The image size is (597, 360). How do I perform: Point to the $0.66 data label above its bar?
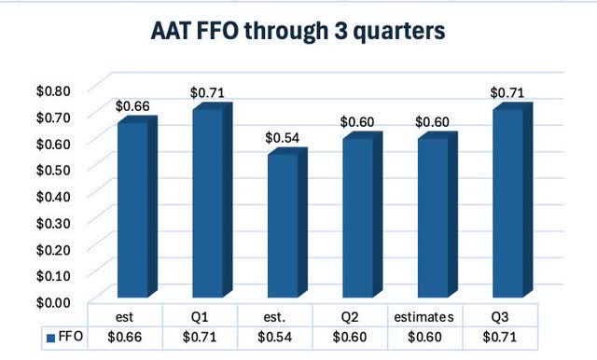click(x=132, y=105)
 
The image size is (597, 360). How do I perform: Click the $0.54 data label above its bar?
click(x=282, y=138)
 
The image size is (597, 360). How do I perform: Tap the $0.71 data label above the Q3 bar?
click(x=507, y=92)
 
